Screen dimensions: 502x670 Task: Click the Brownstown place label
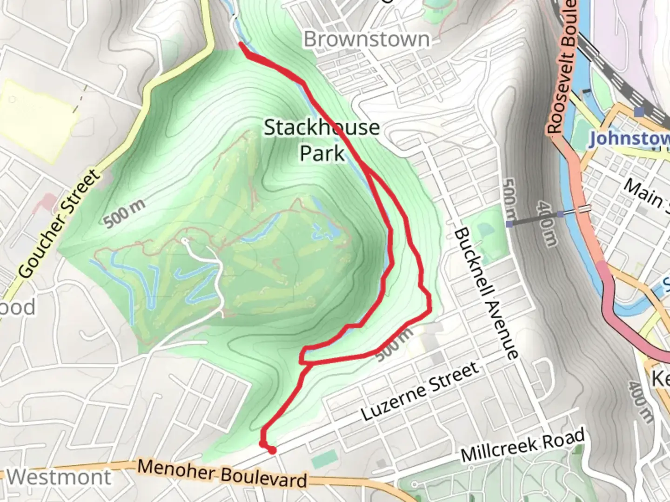pyautogui.click(x=367, y=40)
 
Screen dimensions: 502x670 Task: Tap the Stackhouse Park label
pyautogui.click(x=322, y=140)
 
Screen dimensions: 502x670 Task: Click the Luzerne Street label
pyautogui.click(x=420, y=391)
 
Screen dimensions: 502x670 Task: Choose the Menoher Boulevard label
pyautogui.click(x=222, y=474)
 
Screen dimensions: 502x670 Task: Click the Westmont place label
pyautogui.click(x=60, y=477)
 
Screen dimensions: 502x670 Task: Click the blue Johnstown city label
pyautogui.click(x=628, y=139)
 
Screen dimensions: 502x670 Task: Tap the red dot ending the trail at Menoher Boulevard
pyautogui.click(x=272, y=450)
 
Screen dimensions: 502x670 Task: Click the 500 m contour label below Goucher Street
pyautogui.click(x=124, y=213)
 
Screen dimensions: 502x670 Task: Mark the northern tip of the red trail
pyautogui.click(x=241, y=44)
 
